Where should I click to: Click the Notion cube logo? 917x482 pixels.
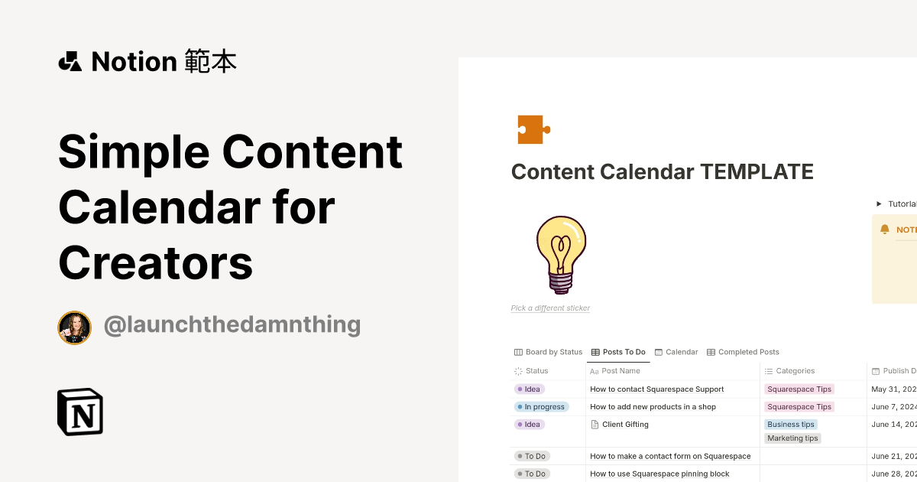[x=80, y=412]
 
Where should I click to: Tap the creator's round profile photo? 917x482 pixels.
[x=75, y=327]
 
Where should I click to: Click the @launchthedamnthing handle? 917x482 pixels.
[x=232, y=324]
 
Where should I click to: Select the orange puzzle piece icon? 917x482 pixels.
[x=533, y=129]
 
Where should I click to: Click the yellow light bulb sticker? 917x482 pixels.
[x=561, y=254]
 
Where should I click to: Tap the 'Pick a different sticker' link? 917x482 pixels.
[x=550, y=308]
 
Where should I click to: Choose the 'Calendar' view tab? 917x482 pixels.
[x=676, y=352]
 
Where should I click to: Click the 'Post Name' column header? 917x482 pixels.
[x=620, y=371]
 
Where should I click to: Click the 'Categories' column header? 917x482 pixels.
[x=795, y=371]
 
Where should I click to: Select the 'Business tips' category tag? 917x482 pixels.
[x=791, y=425]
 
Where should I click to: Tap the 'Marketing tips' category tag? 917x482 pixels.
[x=792, y=438]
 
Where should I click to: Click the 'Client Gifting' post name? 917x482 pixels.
[x=625, y=425]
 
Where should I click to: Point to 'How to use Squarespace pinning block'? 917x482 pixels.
[x=659, y=474]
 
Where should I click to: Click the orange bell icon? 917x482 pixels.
[x=885, y=230]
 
